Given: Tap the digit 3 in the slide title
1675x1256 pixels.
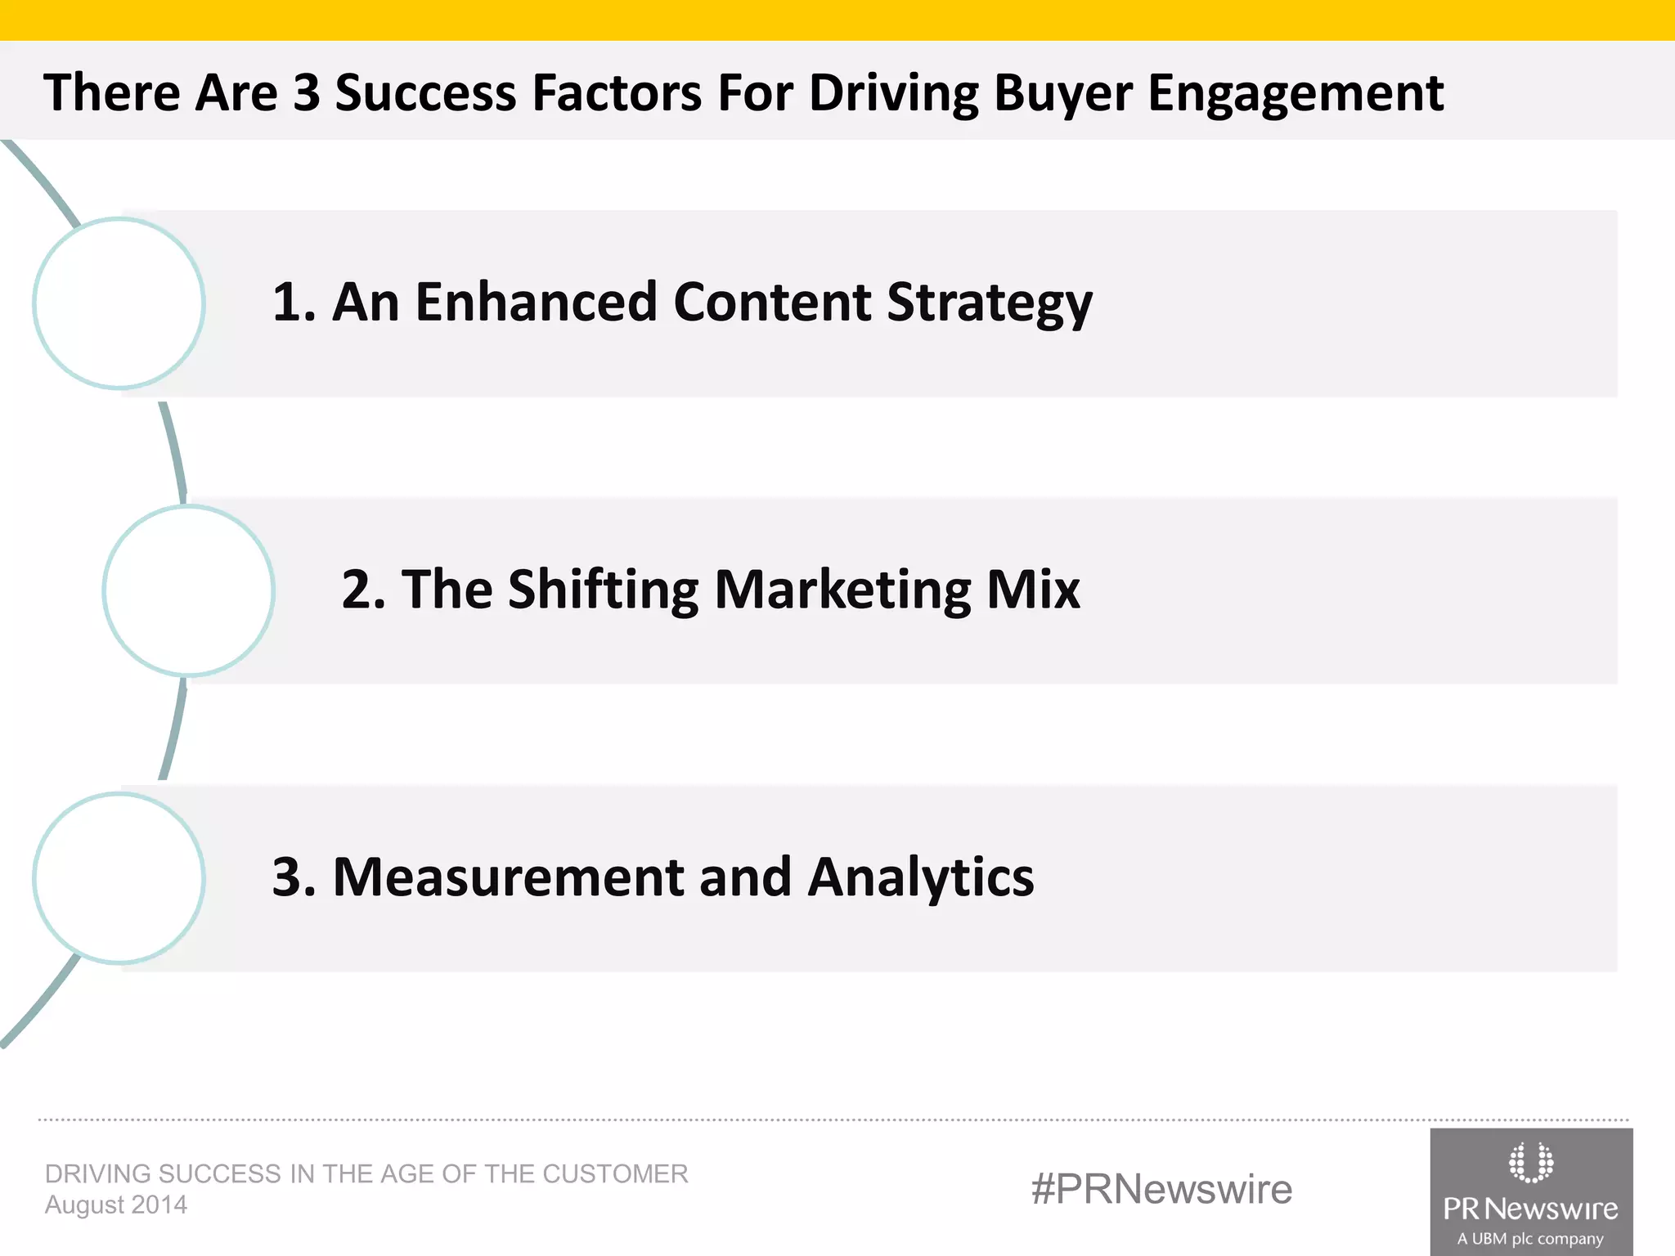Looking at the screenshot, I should click(x=306, y=92).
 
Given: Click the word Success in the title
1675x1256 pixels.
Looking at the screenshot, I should click(x=426, y=92).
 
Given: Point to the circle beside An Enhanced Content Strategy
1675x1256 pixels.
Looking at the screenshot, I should click(x=119, y=303).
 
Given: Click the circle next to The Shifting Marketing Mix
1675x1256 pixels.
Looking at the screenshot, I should click(x=189, y=590).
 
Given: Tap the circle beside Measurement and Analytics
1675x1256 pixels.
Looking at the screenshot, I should click(x=119, y=878).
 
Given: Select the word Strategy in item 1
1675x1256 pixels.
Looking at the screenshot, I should click(x=990, y=303).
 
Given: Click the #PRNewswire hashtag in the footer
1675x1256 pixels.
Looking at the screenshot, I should click(x=1161, y=1189).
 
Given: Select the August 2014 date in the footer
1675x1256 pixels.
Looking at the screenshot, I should click(x=116, y=1204).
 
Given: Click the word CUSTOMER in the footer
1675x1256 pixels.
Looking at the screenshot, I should click(x=615, y=1173).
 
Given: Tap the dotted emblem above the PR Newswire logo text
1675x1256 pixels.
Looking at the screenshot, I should click(x=1530, y=1162).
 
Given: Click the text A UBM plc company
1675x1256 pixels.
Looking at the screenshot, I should click(x=1530, y=1239).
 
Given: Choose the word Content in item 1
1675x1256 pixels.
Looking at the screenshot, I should click(x=772, y=302).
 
